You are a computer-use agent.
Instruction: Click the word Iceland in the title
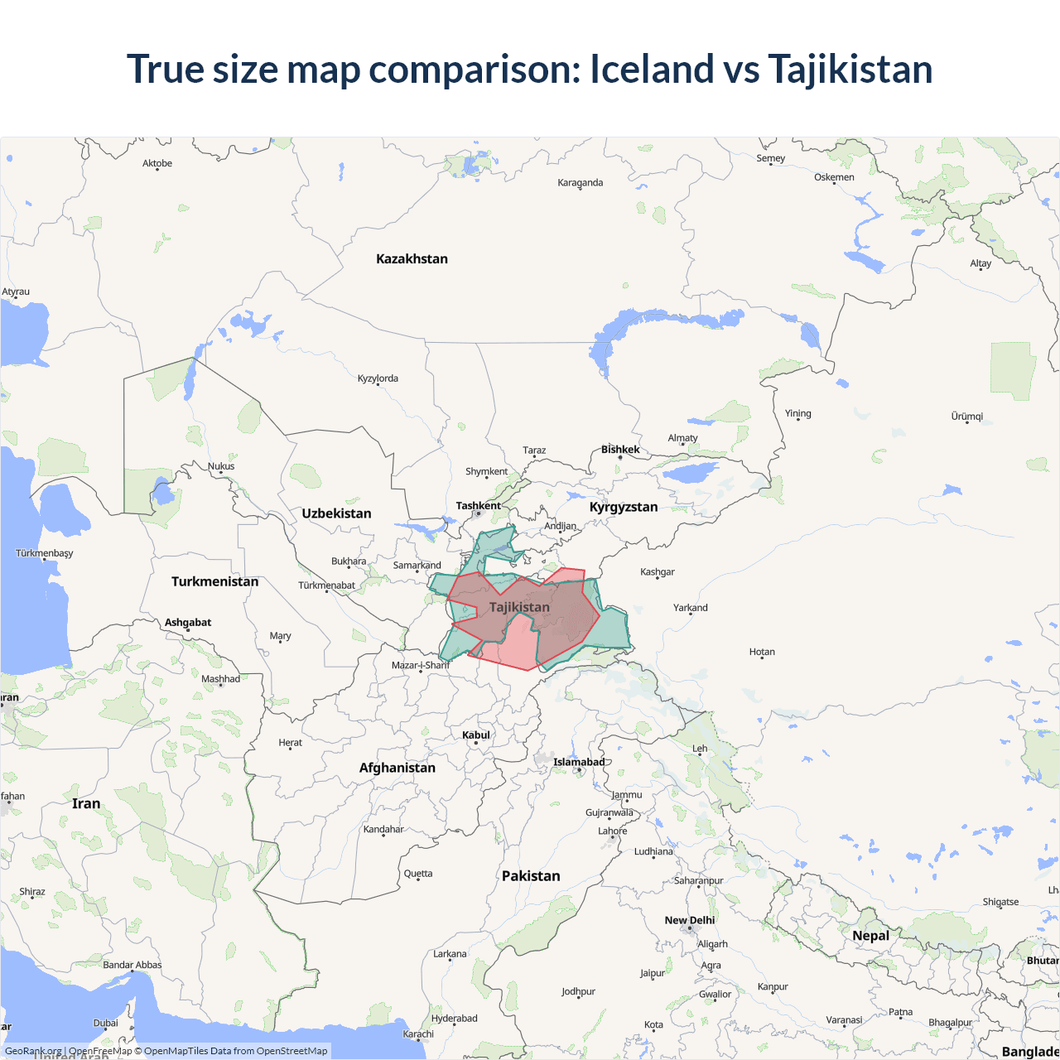[651, 69]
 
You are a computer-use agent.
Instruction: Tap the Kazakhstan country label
[412, 259]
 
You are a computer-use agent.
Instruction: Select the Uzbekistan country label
[336, 513]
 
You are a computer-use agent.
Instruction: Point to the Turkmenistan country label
[214, 581]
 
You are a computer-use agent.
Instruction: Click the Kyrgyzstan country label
[624, 507]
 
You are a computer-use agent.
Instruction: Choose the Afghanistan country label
[397, 768]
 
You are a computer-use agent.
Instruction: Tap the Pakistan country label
[531, 876]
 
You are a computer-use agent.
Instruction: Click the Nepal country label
[870, 936]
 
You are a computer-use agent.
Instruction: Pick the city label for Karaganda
[580, 183]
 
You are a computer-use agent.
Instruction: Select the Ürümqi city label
[966, 417]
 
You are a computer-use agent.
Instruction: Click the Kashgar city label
[657, 572]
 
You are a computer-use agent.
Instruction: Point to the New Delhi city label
[689, 920]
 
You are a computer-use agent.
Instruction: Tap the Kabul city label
[476, 735]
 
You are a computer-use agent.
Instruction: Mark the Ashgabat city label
[188, 623]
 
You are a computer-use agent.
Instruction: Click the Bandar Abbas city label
[132, 965]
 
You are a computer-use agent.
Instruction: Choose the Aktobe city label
[157, 164]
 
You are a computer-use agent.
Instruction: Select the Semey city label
[770, 158]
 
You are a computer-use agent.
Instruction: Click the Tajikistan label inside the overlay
[519, 607]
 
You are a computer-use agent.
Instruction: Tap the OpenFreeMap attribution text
[100, 1051]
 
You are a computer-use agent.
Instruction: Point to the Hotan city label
[762, 652]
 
